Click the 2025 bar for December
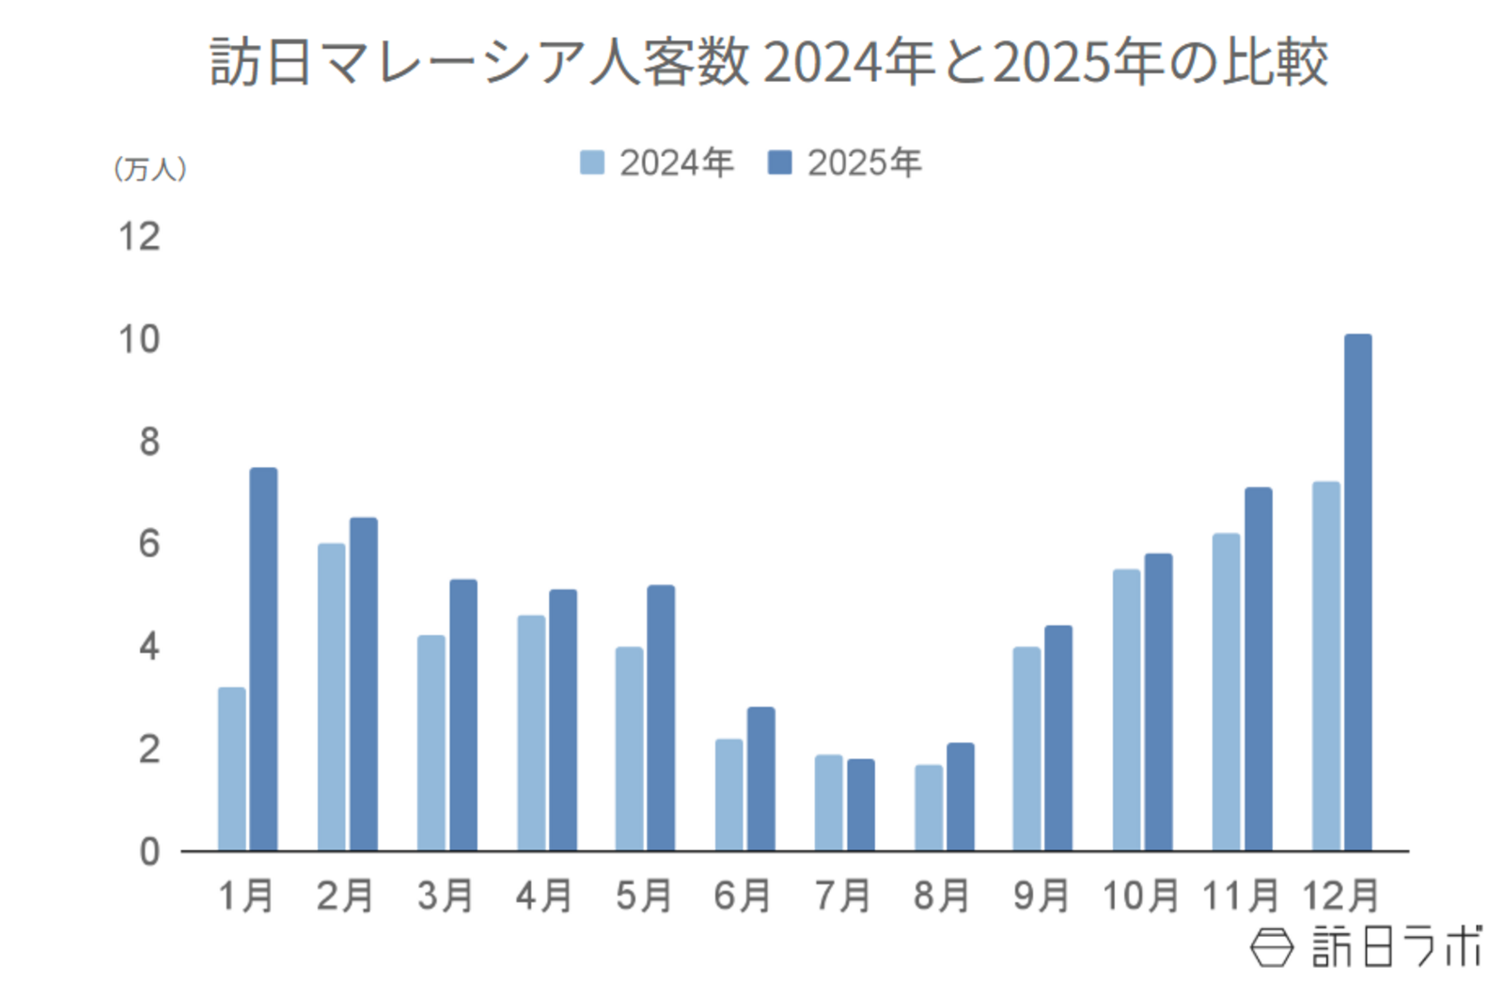tap(1357, 592)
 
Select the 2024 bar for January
tap(231, 769)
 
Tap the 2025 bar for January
tap(263, 659)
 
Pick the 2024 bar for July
tap(828, 803)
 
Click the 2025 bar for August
tap(960, 797)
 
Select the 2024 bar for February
tap(331, 696)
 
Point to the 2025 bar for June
tap(760, 778)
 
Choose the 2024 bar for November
tap(1226, 692)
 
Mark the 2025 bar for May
tap(661, 718)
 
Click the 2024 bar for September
tap(1026, 748)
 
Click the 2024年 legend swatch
tap(592, 163)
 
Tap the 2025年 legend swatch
tap(779, 163)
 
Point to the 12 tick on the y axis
tap(139, 237)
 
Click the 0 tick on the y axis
tap(149, 851)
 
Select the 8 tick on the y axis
tap(149, 442)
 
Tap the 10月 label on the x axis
tap(1140, 896)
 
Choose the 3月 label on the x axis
tap(445, 896)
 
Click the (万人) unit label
tap(150, 169)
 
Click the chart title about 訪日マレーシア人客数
tap(768, 62)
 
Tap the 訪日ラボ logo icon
tap(1271, 946)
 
